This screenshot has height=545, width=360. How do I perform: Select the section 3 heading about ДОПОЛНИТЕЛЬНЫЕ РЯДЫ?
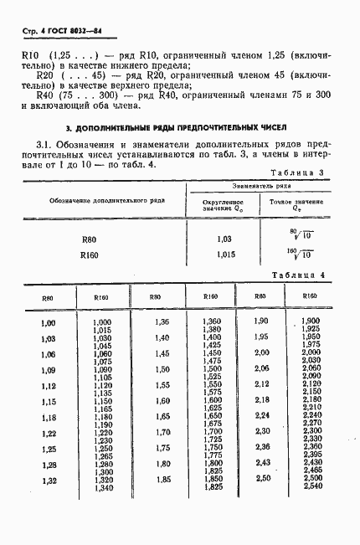[x=177, y=128]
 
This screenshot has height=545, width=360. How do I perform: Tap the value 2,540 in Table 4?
[x=311, y=486]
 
